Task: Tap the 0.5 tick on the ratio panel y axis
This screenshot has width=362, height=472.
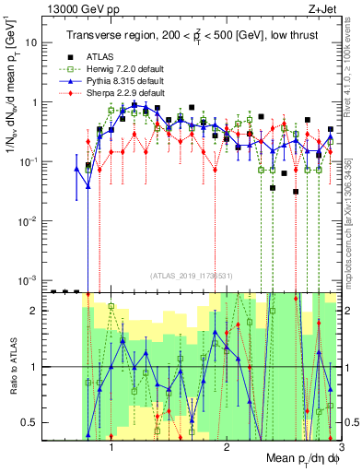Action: click(36, 422)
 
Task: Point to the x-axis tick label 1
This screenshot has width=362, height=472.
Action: click(111, 446)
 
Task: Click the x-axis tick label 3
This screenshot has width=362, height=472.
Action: click(341, 446)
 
